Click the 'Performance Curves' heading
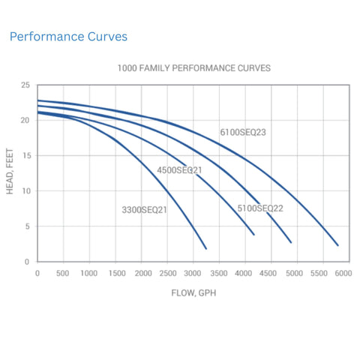pyautogui.click(x=68, y=36)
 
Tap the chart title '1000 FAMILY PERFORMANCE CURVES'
pyautogui.click(x=193, y=67)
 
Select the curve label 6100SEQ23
pyautogui.click(x=243, y=132)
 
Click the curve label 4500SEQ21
pyautogui.click(x=179, y=170)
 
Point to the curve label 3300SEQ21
pyautogui.click(x=144, y=210)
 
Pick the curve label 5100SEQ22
pyautogui.click(x=260, y=208)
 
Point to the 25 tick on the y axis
pyautogui.click(x=25, y=85)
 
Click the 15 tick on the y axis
pyautogui.click(x=25, y=155)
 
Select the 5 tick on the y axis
pyautogui.click(x=28, y=226)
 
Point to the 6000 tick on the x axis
pyautogui.click(x=343, y=274)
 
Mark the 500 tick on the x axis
pyautogui.click(x=63, y=274)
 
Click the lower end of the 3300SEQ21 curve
pyautogui.click(x=205, y=248)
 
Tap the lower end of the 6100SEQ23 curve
pyautogui.click(x=337, y=245)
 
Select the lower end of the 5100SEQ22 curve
pyautogui.click(x=291, y=242)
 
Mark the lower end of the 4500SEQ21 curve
pyautogui.click(x=253, y=235)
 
